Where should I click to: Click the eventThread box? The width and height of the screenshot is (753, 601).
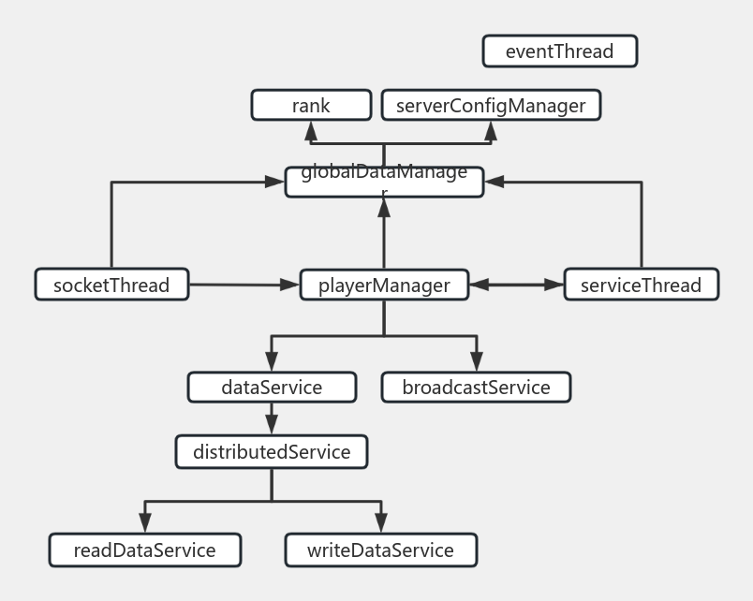[559, 51]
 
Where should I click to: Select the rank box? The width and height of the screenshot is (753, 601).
[311, 105]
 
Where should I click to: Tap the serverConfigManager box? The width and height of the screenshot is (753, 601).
[491, 105]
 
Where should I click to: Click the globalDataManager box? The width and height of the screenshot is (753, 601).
[384, 182]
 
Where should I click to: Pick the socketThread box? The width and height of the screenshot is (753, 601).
[111, 285]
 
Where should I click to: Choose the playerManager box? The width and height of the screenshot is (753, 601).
[384, 285]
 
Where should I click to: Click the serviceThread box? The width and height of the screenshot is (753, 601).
[641, 285]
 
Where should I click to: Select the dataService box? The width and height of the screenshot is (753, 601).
[272, 387]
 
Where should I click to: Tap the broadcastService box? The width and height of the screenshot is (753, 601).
[476, 387]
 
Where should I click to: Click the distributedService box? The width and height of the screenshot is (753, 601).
[272, 452]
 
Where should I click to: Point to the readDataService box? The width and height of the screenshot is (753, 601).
[144, 550]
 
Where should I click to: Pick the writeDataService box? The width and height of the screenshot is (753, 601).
[380, 550]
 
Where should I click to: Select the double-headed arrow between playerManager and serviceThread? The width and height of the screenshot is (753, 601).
[516, 285]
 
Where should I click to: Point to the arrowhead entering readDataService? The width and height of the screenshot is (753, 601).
[144, 524]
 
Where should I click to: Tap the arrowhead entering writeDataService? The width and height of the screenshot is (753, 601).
[381, 524]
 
